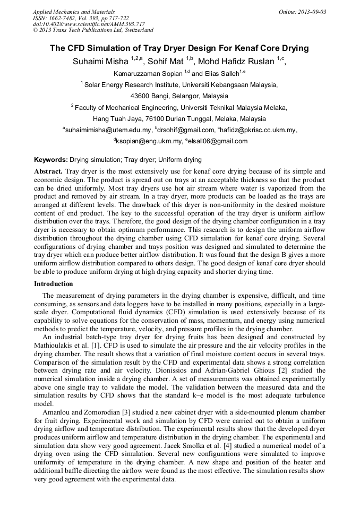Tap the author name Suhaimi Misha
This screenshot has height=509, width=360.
(x=101, y=62)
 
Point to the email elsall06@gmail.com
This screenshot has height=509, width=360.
(x=217, y=141)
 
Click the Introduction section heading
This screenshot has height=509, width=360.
(x=54, y=284)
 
